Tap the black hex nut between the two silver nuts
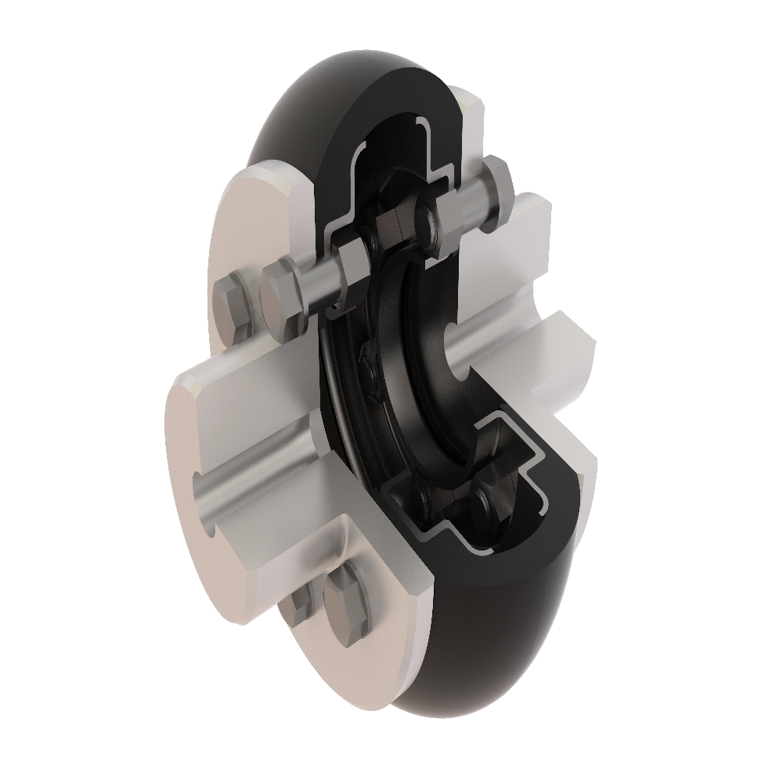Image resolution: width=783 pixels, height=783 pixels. (391, 231)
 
